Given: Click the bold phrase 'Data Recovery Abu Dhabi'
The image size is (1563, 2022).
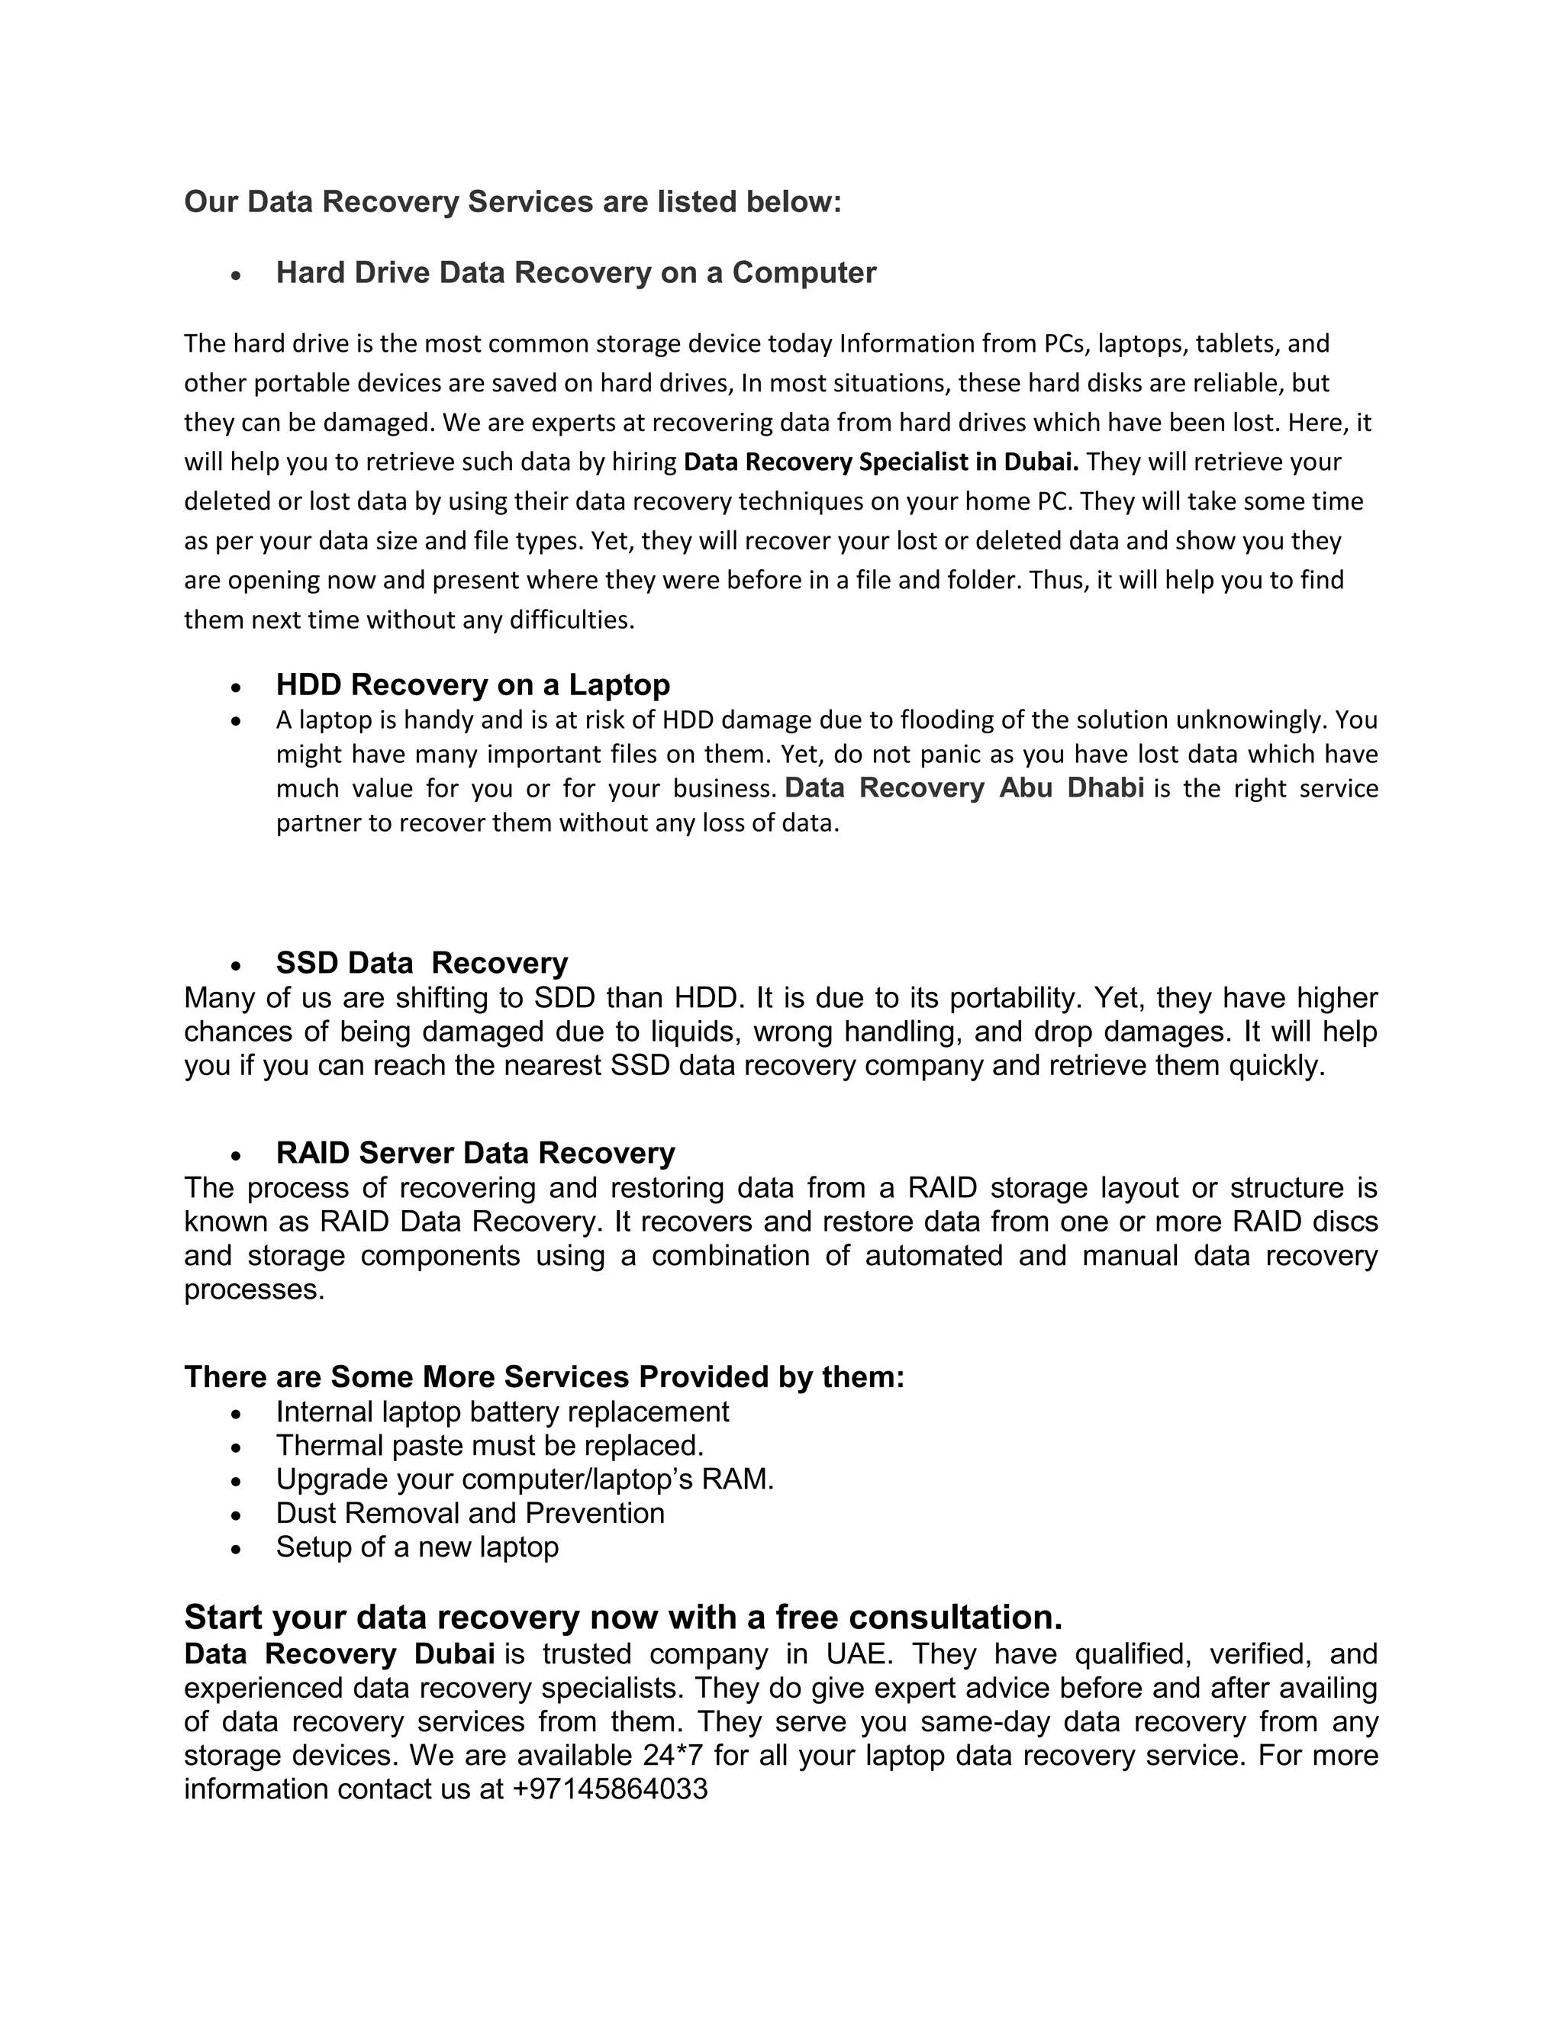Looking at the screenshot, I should coord(964,788).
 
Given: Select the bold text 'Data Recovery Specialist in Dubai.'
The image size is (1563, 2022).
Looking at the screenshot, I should coord(881,461).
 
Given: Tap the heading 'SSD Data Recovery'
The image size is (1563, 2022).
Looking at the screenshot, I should coord(421,963).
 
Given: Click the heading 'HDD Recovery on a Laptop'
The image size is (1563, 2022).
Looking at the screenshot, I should coord(472,684).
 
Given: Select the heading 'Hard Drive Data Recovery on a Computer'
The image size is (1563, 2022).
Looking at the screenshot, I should coord(576,272).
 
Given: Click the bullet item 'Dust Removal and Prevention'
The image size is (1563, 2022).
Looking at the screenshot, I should coord(469,1513).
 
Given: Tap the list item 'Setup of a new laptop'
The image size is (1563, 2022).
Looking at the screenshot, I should coord(417,1547).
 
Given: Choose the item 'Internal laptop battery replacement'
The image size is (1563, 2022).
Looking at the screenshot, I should coord(502,1411).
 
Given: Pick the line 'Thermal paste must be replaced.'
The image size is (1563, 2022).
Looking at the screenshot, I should coord(490,1445).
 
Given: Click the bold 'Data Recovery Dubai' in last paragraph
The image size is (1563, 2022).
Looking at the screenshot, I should coord(339,1653).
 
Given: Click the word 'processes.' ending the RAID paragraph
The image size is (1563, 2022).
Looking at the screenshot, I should coord(255,1290).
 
